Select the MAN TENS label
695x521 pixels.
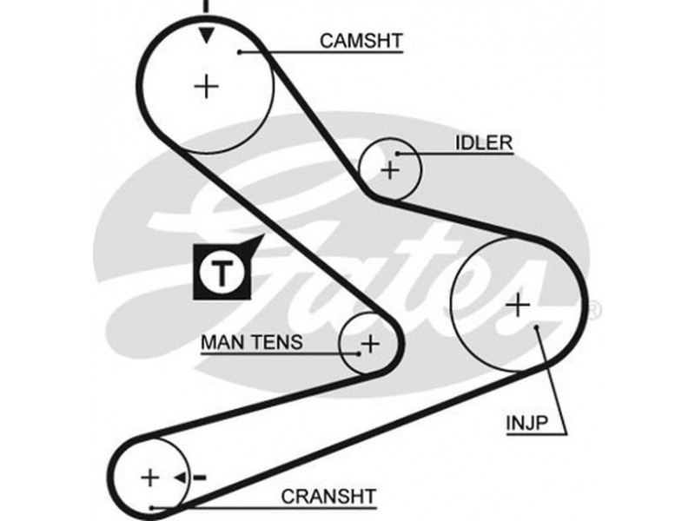pyautogui.click(x=252, y=341)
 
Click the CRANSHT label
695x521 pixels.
pyautogui.click(x=328, y=496)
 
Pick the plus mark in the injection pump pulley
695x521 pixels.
pyautogui.click(x=517, y=304)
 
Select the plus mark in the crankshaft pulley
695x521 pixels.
pyautogui.click(x=151, y=477)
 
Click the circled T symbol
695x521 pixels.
pyautogui.click(x=221, y=272)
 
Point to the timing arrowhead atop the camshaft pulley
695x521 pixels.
pyautogui.click(x=206, y=36)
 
